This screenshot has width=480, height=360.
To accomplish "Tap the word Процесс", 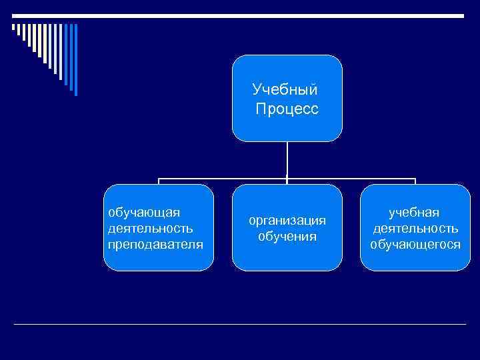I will point(287,108).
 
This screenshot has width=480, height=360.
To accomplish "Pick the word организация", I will point(287,220).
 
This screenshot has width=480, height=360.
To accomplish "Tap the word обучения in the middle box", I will point(287,236).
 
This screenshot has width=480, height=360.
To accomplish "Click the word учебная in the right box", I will point(415,212).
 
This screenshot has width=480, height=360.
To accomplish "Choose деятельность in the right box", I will point(415,228).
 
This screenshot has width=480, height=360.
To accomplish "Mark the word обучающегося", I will point(415,244).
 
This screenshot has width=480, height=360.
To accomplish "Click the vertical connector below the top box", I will point(287,160).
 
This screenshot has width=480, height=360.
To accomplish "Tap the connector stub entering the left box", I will point(159,182).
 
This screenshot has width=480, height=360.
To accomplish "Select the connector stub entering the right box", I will point(415,182).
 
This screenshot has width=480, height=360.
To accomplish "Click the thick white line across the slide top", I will point(240,15).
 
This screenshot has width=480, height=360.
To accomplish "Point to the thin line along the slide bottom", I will point(240,324).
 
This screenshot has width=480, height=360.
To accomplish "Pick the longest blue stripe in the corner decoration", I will point(75,60).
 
